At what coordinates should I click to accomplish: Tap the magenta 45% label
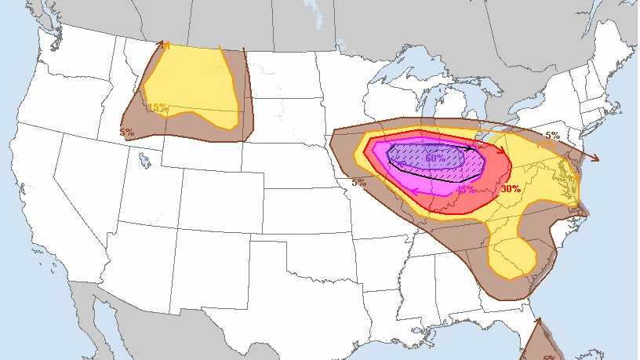coord(464,189)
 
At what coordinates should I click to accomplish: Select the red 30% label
coord(511,189)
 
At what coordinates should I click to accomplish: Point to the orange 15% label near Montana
coord(157,107)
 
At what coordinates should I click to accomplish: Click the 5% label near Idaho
coord(126,133)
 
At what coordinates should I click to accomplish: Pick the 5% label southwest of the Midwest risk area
coord(358,183)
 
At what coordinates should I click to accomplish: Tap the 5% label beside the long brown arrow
coord(552,136)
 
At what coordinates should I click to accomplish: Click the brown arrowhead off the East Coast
coord(595,158)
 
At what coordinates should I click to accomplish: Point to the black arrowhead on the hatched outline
coord(471,148)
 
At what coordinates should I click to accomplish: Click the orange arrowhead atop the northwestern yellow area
coord(165,45)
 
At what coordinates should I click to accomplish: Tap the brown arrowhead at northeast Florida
coord(537,320)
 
